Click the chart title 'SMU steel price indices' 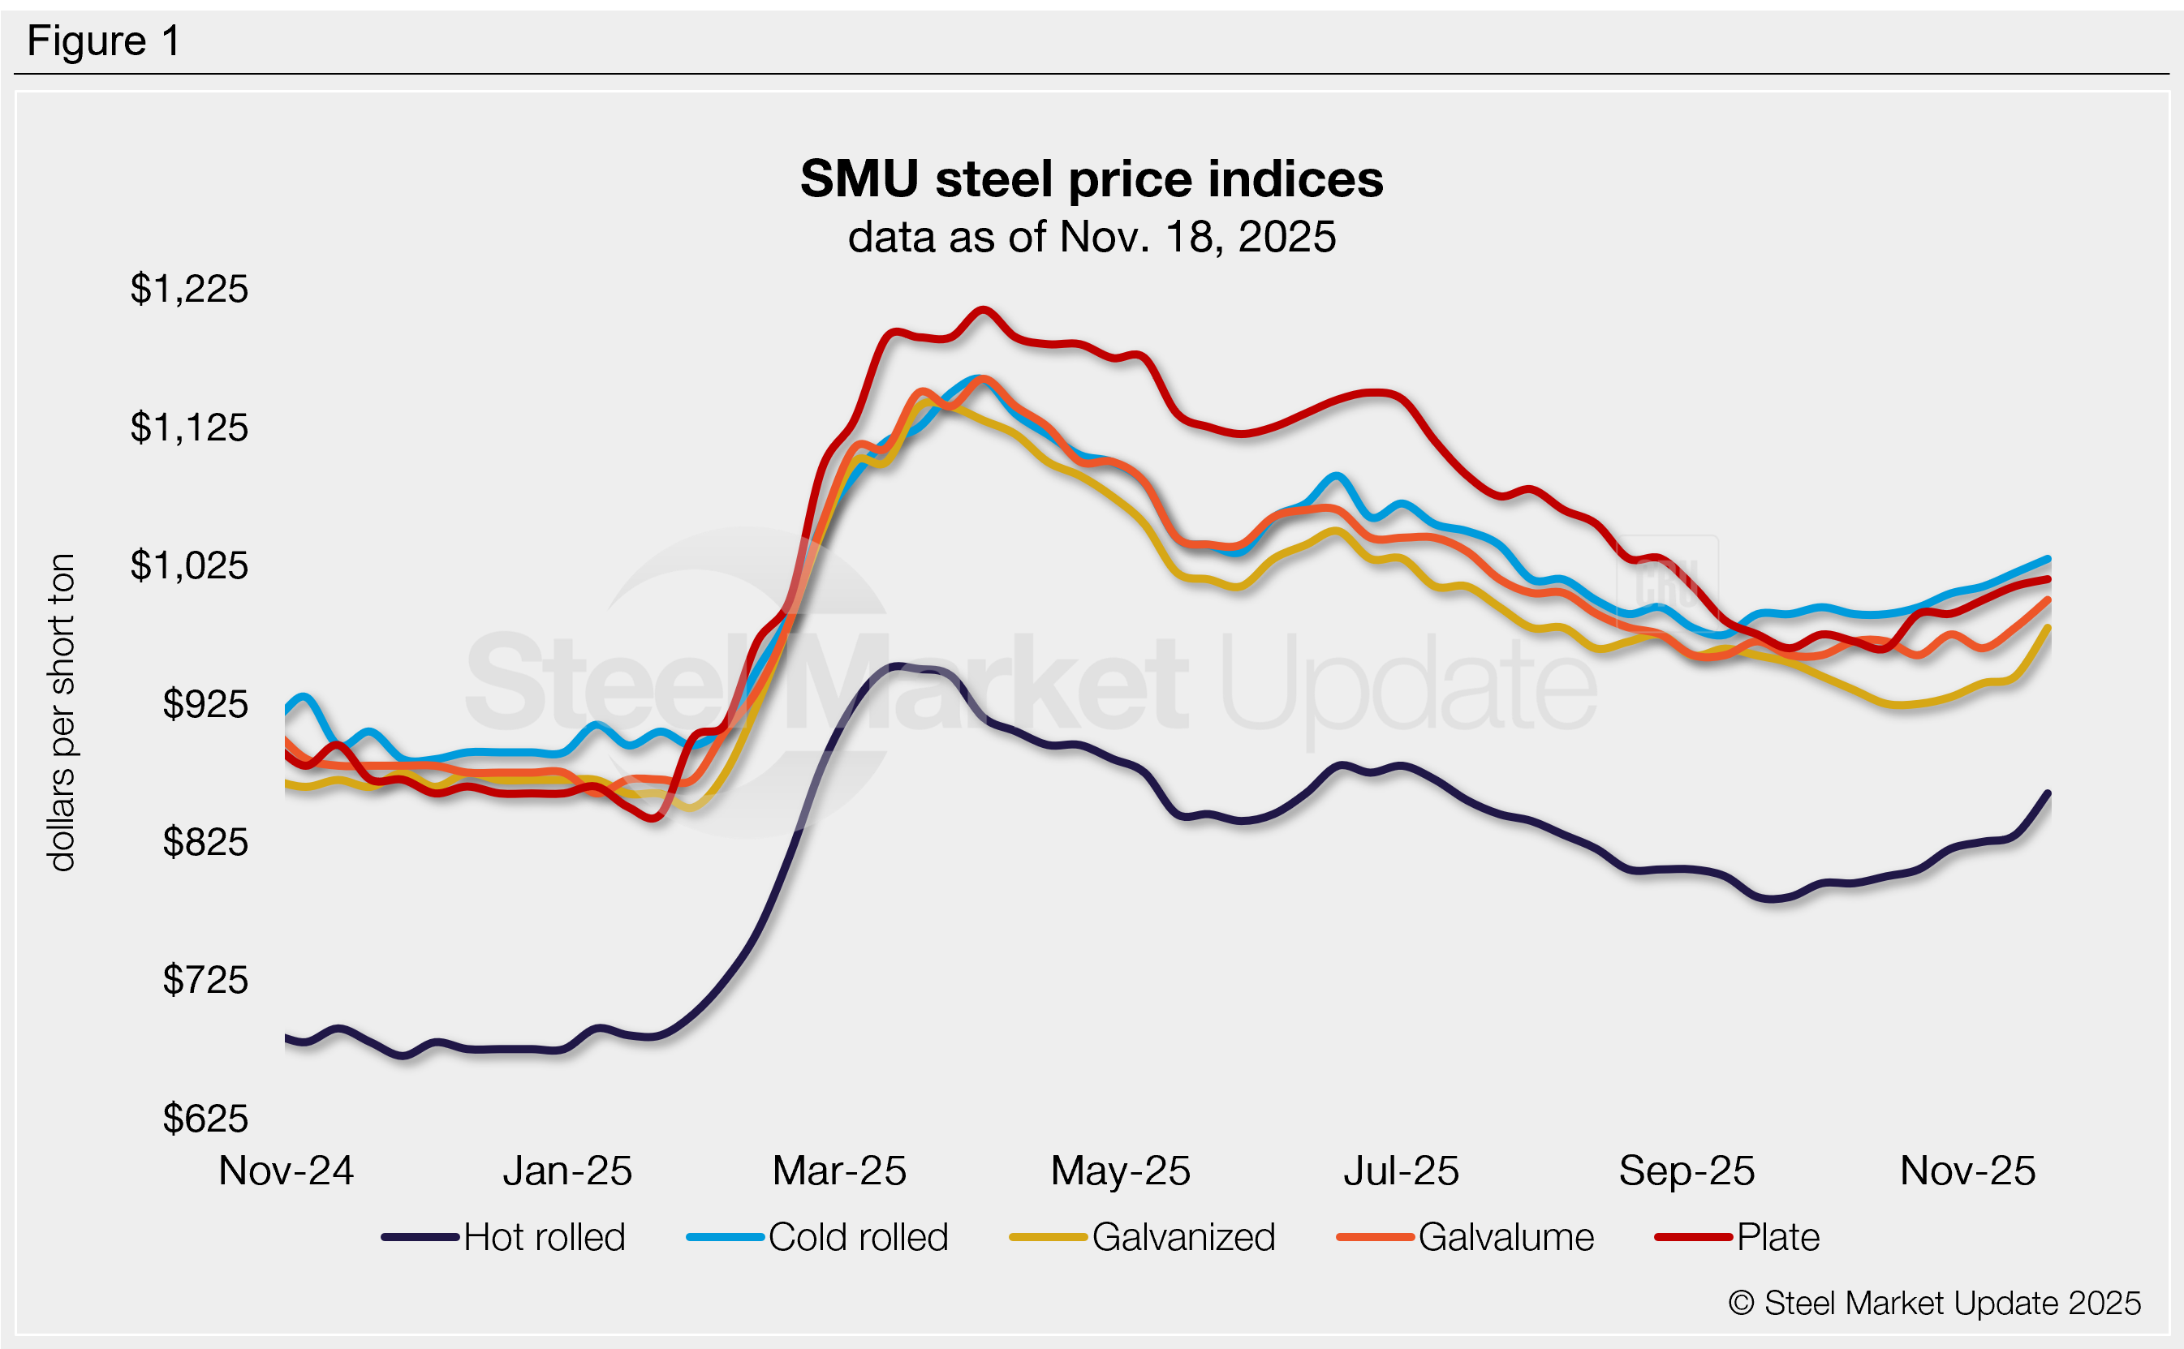1091,178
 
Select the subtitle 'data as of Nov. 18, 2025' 1091,238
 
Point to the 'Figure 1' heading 104,41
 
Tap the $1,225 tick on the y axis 189,289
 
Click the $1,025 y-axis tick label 189,565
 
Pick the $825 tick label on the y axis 205,842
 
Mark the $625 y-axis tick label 205,1119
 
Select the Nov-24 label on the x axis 286,1171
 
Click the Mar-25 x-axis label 839,1171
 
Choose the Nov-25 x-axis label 1967,1171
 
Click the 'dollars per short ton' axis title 62,712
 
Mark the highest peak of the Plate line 982,311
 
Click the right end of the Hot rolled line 2048,793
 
